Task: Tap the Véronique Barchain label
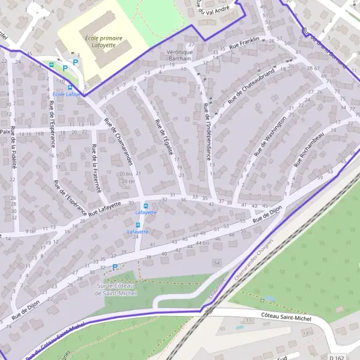179,56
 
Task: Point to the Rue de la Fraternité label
95,170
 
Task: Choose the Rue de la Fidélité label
13,152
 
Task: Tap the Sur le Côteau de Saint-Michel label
116,290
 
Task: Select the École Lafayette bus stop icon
70,87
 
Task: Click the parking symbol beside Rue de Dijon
115,267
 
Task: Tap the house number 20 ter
127,181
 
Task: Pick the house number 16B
40,134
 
